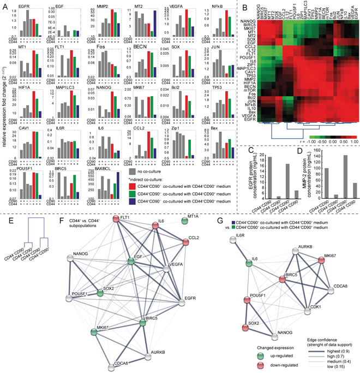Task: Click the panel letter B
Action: (x=231, y=9)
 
